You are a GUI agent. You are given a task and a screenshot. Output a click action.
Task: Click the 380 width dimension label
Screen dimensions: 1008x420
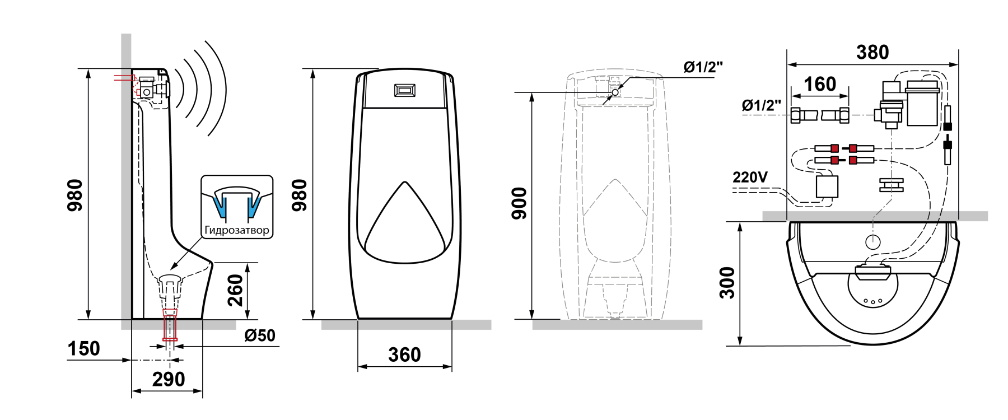872,52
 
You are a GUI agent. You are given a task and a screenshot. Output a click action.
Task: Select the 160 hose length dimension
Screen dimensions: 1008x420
820,84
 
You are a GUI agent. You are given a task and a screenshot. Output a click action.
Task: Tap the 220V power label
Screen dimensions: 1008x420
750,177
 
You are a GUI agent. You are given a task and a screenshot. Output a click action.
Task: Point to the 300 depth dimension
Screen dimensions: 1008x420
727,283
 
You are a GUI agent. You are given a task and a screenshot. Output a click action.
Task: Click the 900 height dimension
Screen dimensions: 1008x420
520,203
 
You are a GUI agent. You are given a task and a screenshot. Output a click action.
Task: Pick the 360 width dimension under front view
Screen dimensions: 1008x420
404,354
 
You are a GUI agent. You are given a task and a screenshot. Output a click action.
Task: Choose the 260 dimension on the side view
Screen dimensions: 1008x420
235,290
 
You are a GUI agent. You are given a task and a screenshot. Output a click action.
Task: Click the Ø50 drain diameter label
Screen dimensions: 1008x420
260,335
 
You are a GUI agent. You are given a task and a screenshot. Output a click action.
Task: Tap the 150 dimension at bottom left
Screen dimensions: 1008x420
83,348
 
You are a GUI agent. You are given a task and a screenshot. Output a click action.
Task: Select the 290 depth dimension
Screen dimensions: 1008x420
169,379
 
